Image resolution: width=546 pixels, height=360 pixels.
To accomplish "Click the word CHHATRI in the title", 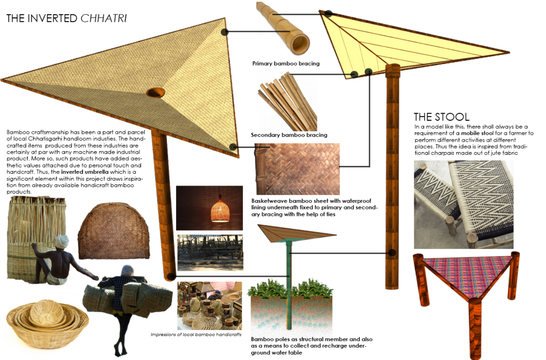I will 104,18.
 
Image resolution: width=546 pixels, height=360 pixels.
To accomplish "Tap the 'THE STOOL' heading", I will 441,117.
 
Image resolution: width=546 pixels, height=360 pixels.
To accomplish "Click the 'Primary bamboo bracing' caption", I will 286,63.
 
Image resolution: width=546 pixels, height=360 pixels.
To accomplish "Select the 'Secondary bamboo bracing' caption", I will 289,135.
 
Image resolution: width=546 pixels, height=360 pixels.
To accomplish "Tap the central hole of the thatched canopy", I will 155,93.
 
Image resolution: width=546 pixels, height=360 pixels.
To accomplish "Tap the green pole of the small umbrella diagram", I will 289,287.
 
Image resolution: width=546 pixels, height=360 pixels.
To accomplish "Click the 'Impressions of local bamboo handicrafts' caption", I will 196,335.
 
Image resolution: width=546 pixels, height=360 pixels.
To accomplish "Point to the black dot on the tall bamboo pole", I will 392,252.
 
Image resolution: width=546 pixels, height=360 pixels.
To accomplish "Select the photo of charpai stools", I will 463,204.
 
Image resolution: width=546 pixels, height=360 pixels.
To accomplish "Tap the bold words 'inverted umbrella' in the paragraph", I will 84,172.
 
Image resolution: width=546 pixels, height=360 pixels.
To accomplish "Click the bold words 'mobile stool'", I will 477,133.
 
